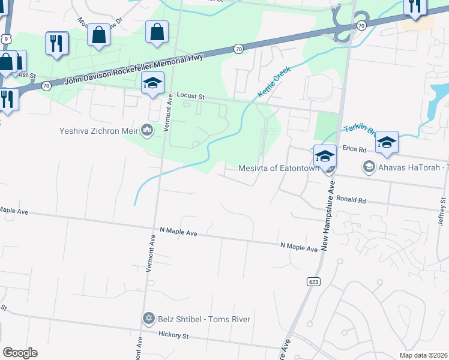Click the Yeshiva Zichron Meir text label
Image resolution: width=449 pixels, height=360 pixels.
[98, 130]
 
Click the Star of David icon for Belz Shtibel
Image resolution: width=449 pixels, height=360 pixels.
[148, 319]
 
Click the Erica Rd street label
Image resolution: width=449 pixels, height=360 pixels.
[355, 149]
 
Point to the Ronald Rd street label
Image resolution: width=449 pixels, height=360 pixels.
[351, 199]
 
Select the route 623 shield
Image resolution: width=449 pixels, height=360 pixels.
[314, 281]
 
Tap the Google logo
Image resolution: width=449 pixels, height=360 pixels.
[19, 353]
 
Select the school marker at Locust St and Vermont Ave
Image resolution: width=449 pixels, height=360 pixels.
[152, 84]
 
